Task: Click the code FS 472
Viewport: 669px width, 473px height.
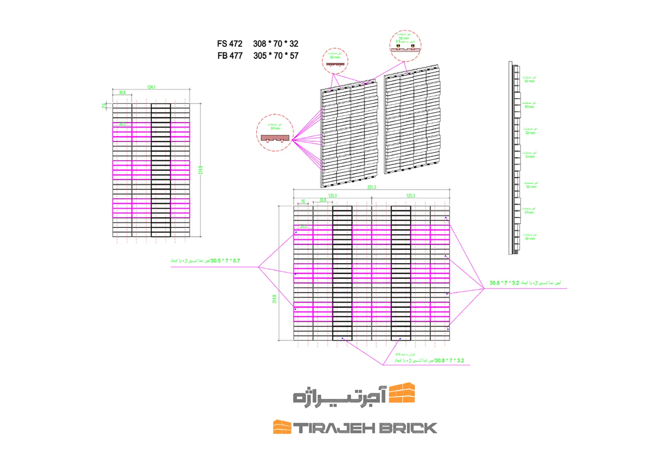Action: pyautogui.click(x=229, y=44)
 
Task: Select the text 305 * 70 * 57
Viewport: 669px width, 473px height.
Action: pyautogui.click(x=276, y=56)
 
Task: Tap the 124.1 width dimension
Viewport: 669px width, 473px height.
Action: pyautogui.click(x=151, y=87)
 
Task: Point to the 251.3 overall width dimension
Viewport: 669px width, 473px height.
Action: pyautogui.click(x=371, y=187)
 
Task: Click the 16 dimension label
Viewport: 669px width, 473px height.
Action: pyautogui.click(x=303, y=201)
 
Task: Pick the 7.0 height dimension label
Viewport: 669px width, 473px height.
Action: pyautogui.click(x=104, y=106)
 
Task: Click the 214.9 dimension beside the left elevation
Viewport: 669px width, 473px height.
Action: pyautogui.click(x=200, y=170)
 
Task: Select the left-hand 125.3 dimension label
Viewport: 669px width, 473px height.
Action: pyautogui.click(x=332, y=196)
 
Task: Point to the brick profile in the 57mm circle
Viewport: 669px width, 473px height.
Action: pyautogui.click(x=275, y=138)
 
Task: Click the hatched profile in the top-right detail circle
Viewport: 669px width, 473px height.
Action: pyautogui.click(x=405, y=49)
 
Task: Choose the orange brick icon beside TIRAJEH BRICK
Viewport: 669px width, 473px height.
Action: pyautogui.click(x=282, y=427)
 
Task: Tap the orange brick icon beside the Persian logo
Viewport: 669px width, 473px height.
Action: pyautogui.click(x=402, y=393)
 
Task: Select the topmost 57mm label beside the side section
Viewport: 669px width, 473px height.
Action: pyautogui.click(x=529, y=107)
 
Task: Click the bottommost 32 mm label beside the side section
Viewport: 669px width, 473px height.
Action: pyautogui.click(x=530, y=239)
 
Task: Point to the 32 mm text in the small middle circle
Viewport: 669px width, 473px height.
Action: pyautogui.click(x=334, y=58)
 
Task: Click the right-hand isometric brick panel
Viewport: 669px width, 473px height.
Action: pyautogui.click(x=412, y=119)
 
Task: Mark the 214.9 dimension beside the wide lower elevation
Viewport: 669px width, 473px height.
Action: pyautogui.click(x=274, y=299)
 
